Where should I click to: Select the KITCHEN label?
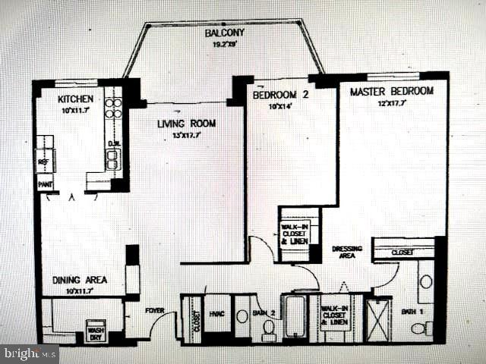(76, 99)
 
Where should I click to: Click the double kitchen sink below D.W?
(112, 158)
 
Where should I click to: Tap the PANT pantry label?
(44, 184)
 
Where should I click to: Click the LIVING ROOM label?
(186, 124)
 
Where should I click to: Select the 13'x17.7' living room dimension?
(187, 135)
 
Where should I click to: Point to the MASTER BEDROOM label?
(391, 91)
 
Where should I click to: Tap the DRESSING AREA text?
(347, 253)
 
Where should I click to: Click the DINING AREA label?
(80, 280)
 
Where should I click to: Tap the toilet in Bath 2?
(268, 327)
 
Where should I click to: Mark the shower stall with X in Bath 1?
(377, 320)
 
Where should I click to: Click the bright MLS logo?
(30, 353)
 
